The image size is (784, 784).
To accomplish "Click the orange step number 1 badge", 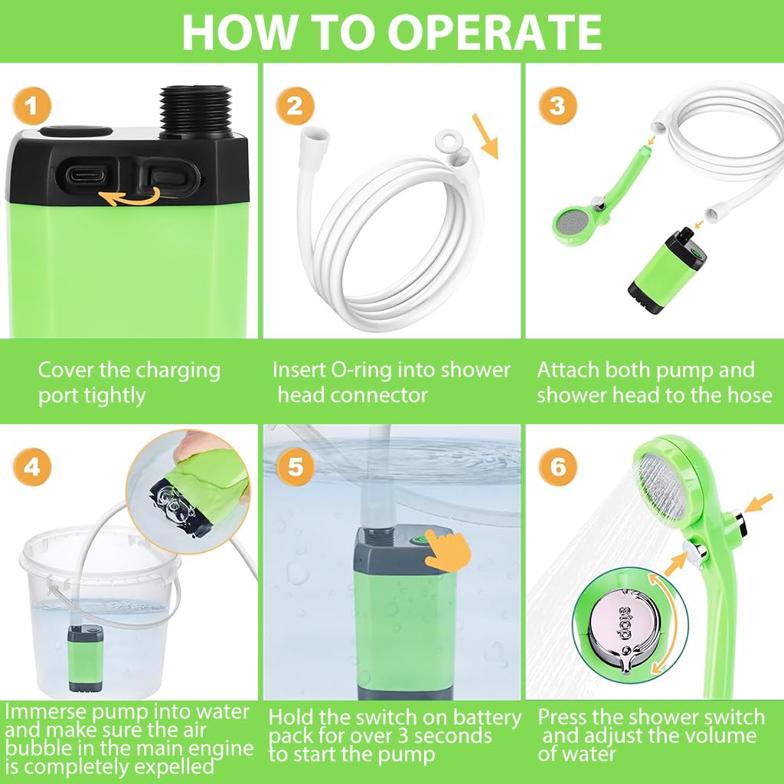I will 31,106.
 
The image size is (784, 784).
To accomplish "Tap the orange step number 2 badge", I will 294,106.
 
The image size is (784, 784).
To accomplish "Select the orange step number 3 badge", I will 557,106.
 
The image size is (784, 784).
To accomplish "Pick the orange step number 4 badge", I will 31,466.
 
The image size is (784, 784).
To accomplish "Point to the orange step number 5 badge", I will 294,466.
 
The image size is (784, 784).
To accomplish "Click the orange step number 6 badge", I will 557,466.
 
